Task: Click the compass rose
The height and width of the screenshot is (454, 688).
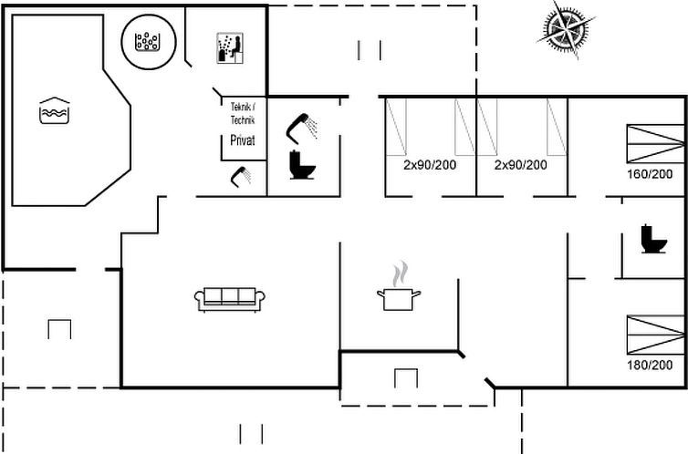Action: point(566,30)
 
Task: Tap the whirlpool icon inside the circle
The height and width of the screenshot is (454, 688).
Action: point(148,42)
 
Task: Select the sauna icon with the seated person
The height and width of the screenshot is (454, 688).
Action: point(230,48)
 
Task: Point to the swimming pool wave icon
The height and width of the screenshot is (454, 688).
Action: point(55,110)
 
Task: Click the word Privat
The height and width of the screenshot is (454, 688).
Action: point(243,140)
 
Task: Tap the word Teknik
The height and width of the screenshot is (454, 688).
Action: point(242,107)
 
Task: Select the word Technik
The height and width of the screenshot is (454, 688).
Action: point(243,120)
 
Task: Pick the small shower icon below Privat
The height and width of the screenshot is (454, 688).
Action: point(241,177)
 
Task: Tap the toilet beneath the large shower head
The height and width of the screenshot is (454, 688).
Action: point(302,165)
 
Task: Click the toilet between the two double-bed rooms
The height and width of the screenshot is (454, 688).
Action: point(653,239)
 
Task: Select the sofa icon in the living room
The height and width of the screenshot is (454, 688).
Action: point(229,300)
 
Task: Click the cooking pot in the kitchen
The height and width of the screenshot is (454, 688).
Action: point(399,300)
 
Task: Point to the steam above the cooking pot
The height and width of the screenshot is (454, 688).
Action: point(400,274)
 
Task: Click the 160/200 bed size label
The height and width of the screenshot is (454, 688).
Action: point(650,174)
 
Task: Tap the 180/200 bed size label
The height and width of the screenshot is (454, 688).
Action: point(650,365)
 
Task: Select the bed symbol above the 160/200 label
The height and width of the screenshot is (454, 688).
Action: point(655,144)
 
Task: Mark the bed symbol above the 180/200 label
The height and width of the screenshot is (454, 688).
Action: point(655,335)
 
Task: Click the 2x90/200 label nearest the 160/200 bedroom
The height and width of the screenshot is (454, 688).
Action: point(521,165)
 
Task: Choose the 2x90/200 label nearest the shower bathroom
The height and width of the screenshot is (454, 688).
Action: point(430,165)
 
